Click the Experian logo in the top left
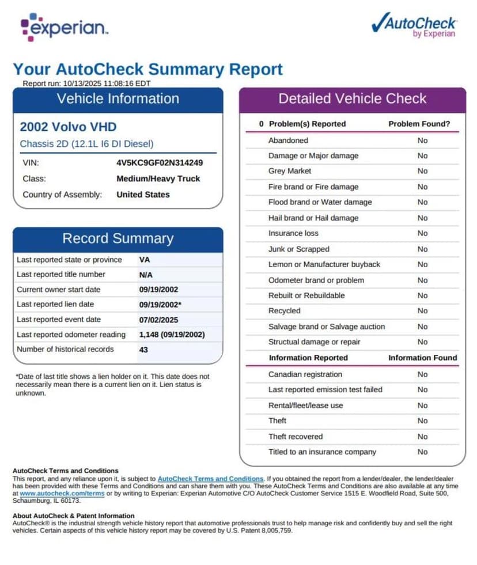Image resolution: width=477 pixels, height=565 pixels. click(x=64, y=27)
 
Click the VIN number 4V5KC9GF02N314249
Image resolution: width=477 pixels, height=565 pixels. click(x=160, y=162)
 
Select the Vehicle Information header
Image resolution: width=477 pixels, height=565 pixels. click(x=118, y=98)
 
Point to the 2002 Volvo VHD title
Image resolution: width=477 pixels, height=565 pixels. click(x=68, y=127)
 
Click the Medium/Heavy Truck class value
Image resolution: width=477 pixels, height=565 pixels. click(x=158, y=179)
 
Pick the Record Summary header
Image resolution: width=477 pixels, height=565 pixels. click(x=118, y=238)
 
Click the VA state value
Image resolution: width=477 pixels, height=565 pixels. click(x=145, y=260)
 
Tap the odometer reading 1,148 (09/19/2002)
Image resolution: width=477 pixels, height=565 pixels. click(x=172, y=335)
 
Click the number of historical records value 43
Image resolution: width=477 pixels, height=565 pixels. click(x=144, y=350)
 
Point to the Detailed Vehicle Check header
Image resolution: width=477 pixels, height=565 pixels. click(x=352, y=98)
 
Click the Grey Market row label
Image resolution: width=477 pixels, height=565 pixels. click(x=290, y=171)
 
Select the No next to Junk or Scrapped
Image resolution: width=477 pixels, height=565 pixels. click(x=423, y=249)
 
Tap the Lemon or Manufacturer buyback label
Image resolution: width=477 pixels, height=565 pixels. click(x=324, y=264)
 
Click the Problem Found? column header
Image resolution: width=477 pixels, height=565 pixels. click(x=419, y=124)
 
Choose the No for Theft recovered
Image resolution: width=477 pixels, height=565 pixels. click(x=423, y=437)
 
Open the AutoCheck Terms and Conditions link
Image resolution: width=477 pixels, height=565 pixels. click(x=210, y=479)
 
